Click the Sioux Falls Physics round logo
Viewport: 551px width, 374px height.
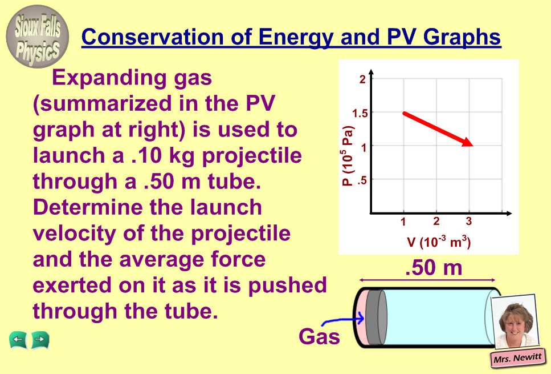[37, 37]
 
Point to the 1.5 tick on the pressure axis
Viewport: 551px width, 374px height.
[360, 113]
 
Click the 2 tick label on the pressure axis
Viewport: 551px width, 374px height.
[362, 79]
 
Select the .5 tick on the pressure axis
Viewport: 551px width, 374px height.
[362, 180]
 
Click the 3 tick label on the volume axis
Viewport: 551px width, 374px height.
[469, 221]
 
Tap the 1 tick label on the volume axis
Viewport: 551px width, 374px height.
[403, 222]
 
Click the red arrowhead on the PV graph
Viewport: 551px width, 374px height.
[468, 142]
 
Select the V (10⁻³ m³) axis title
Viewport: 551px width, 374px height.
[439, 242]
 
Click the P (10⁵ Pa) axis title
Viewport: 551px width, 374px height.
[347, 156]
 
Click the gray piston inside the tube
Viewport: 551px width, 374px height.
[376, 317]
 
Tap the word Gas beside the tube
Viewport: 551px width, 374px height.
[319, 336]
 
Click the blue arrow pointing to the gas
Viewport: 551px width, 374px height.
[343, 320]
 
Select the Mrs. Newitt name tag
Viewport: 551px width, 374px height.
[517, 358]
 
